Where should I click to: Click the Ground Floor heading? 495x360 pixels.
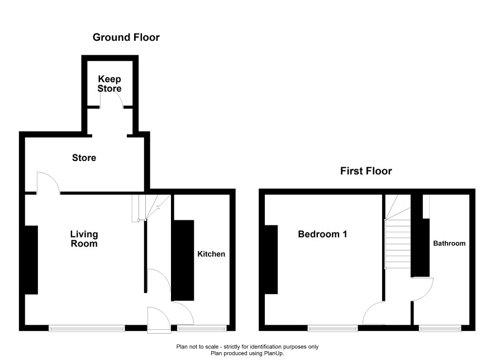126,37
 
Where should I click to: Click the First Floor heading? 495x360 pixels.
366,171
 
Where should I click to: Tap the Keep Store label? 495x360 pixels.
110,84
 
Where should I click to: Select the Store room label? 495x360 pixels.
84,158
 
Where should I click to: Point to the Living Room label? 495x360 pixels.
84,239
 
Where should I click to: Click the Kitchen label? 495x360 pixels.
211,254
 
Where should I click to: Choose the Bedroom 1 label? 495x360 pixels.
322,234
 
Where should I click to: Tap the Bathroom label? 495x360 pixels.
449,243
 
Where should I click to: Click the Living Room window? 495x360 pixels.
87,329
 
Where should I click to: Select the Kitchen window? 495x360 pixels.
202,329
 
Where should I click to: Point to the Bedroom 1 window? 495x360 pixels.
333,329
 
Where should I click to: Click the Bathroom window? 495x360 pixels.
440,329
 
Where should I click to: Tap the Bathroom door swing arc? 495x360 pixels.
429,292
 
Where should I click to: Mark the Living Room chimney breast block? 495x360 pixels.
31,260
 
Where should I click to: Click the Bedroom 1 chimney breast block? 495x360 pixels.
271,259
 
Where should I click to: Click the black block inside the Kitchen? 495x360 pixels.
183,260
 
